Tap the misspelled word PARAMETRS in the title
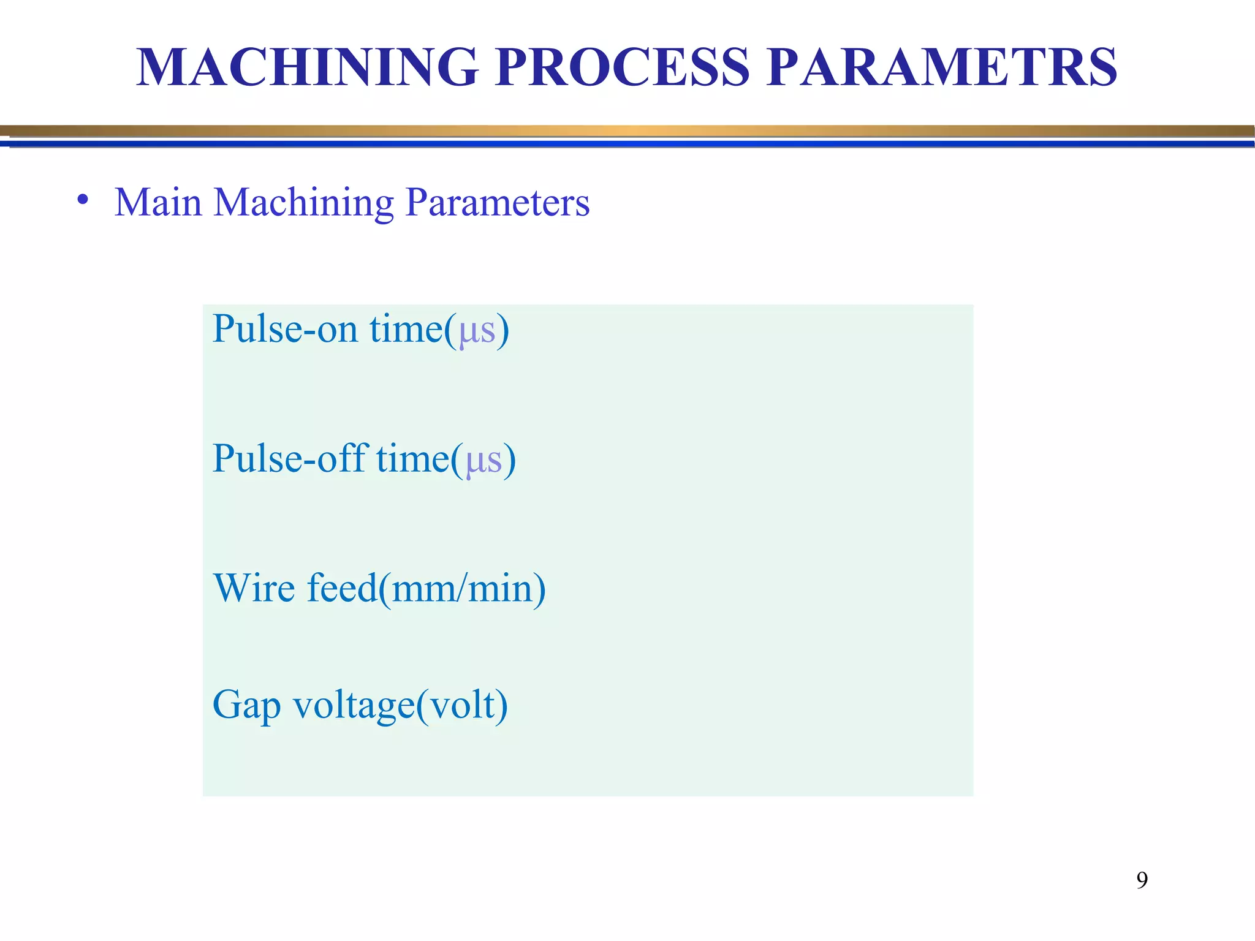coord(942,67)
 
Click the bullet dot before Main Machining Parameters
coord(83,200)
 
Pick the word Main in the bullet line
coord(158,203)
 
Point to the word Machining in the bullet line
coord(303,203)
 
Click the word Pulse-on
coord(285,330)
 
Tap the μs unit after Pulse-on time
coord(477,331)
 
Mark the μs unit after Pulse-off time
coord(483,461)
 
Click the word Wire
coord(254,588)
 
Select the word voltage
coord(354,706)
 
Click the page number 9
coord(1142,880)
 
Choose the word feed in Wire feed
coord(341,588)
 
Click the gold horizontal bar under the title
coord(627,131)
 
